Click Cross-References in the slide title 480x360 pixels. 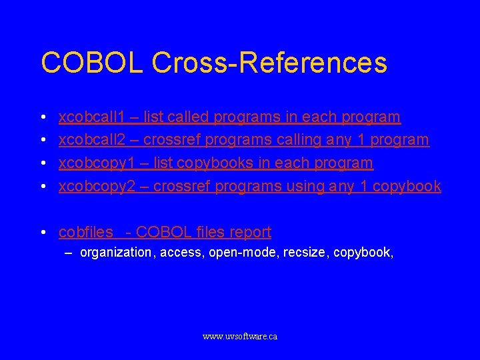(x=269, y=63)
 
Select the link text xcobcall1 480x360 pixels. (x=92, y=117)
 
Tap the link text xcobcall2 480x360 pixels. (x=92, y=140)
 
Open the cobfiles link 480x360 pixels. (x=86, y=232)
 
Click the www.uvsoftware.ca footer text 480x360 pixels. (x=240, y=337)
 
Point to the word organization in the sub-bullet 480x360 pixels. (x=115, y=253)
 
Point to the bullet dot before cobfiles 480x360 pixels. (x=42, y=233)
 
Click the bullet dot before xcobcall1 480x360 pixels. (x=42, y=117)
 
